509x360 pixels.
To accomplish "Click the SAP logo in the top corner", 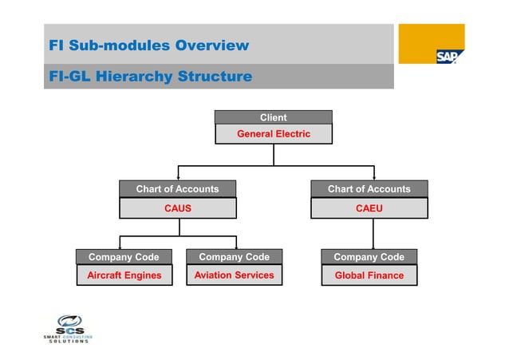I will (445, 55).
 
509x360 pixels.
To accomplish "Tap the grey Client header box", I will (273, 117).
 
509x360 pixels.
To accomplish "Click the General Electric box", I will (273, 134).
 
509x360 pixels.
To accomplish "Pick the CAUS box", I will (177, 208).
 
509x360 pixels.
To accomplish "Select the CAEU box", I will (369, 208).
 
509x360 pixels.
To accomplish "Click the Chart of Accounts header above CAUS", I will (177, 189).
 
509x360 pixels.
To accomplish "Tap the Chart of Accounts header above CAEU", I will (369, 189).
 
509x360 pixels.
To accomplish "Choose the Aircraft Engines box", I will (124, 275).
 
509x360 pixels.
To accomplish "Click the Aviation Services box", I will (234, 275).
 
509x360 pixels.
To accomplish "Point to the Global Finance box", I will (369, 275).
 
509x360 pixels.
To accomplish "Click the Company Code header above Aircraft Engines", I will (124, 257).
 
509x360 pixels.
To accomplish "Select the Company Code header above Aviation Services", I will (234, 257).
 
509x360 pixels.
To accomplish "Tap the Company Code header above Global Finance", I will (369, 257).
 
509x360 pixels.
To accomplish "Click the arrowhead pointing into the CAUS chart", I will (178, 176).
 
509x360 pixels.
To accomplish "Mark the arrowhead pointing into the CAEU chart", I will (373, 176).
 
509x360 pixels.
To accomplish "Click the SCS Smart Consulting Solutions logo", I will (67, 329).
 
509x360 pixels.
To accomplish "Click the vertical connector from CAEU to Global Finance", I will (373, 233).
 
